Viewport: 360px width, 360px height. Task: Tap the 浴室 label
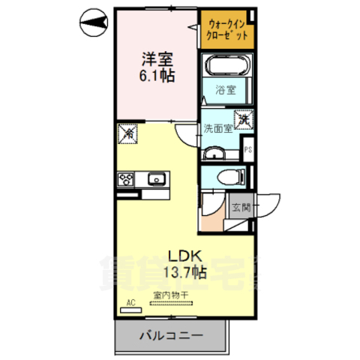point(226,91)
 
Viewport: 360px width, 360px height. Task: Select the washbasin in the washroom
point(215,153)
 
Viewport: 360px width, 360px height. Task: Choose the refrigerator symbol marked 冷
point(128,134)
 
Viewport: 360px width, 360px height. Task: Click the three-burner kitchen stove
point(125,179)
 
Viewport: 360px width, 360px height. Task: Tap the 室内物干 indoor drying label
point(172,295)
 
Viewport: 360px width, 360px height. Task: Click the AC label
point(130,303)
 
